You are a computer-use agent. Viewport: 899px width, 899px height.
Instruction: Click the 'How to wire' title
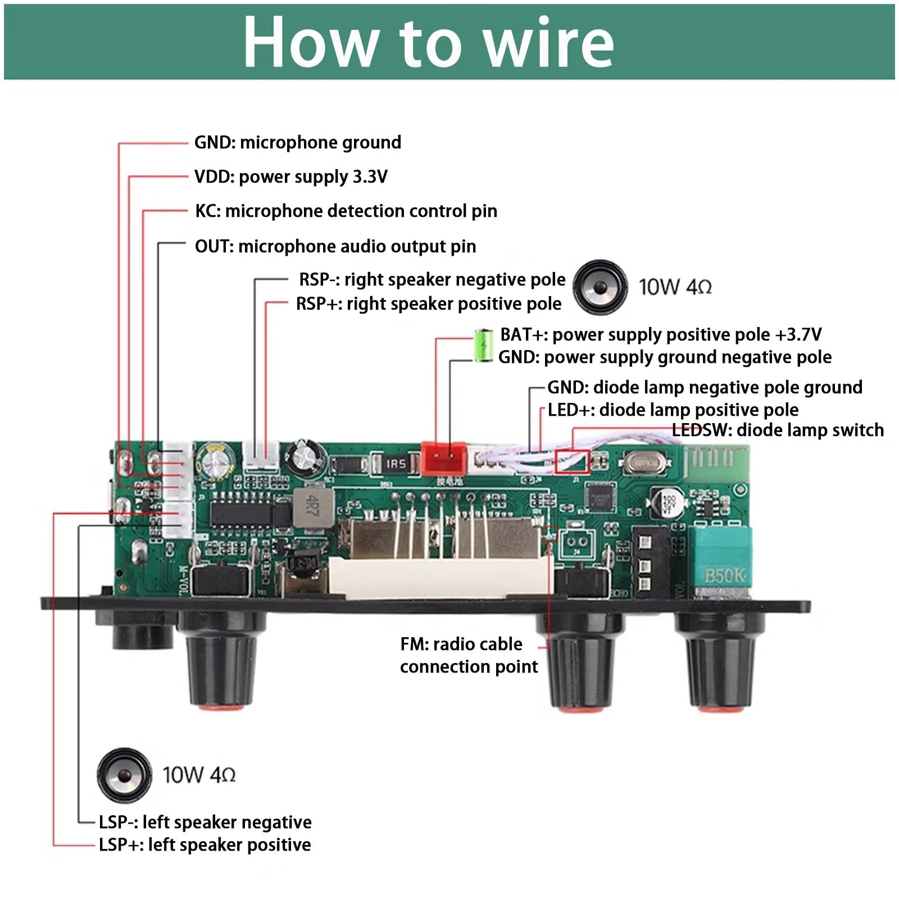[x=428, y=43]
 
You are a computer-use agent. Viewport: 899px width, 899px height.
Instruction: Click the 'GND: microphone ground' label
[x=297, y=143]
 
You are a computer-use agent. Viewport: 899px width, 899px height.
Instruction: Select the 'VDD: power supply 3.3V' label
[x=290, y=177]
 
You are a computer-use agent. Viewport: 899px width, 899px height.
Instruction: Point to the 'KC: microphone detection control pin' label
[x=346, y=211]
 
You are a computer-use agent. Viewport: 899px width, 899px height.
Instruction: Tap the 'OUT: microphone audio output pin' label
[x=335, y=247]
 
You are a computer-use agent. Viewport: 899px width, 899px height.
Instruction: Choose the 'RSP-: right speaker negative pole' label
[x=432, y=279]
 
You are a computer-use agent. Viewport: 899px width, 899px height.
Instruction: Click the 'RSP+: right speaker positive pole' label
[x=428, y=304]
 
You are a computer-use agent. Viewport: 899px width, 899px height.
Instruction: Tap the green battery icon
[x=482, y=344]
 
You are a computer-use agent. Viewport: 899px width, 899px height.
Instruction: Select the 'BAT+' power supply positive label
[x=660, y=335]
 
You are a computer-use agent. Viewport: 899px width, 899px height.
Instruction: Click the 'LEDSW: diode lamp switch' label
[x=778, y=430]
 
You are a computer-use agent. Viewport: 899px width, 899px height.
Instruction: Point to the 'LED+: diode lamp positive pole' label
[x=673, y=410]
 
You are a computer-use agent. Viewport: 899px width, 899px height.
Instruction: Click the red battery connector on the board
[x=444, y=458]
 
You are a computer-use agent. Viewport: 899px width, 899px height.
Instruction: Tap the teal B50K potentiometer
[x=721, y=562]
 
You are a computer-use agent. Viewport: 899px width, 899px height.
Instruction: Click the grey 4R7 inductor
[x=312, y=507]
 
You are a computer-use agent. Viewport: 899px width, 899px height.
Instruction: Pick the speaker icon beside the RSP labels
[x=600, y=287]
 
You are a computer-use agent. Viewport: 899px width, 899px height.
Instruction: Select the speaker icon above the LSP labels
[x=124, y=775]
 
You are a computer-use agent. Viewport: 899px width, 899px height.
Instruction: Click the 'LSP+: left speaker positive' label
[x=205, y=845]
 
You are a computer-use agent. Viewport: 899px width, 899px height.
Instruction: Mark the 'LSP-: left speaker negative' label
[x=205, y=823]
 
